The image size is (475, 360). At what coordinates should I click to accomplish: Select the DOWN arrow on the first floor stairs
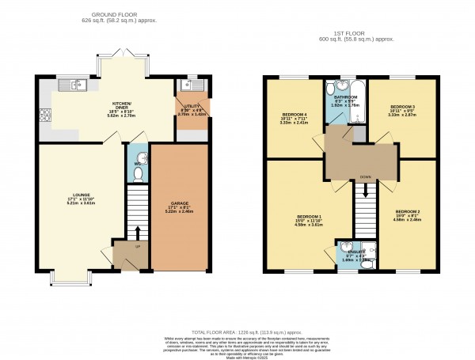pos(366,190)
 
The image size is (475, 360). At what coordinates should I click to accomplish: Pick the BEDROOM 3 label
pos(402,106)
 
